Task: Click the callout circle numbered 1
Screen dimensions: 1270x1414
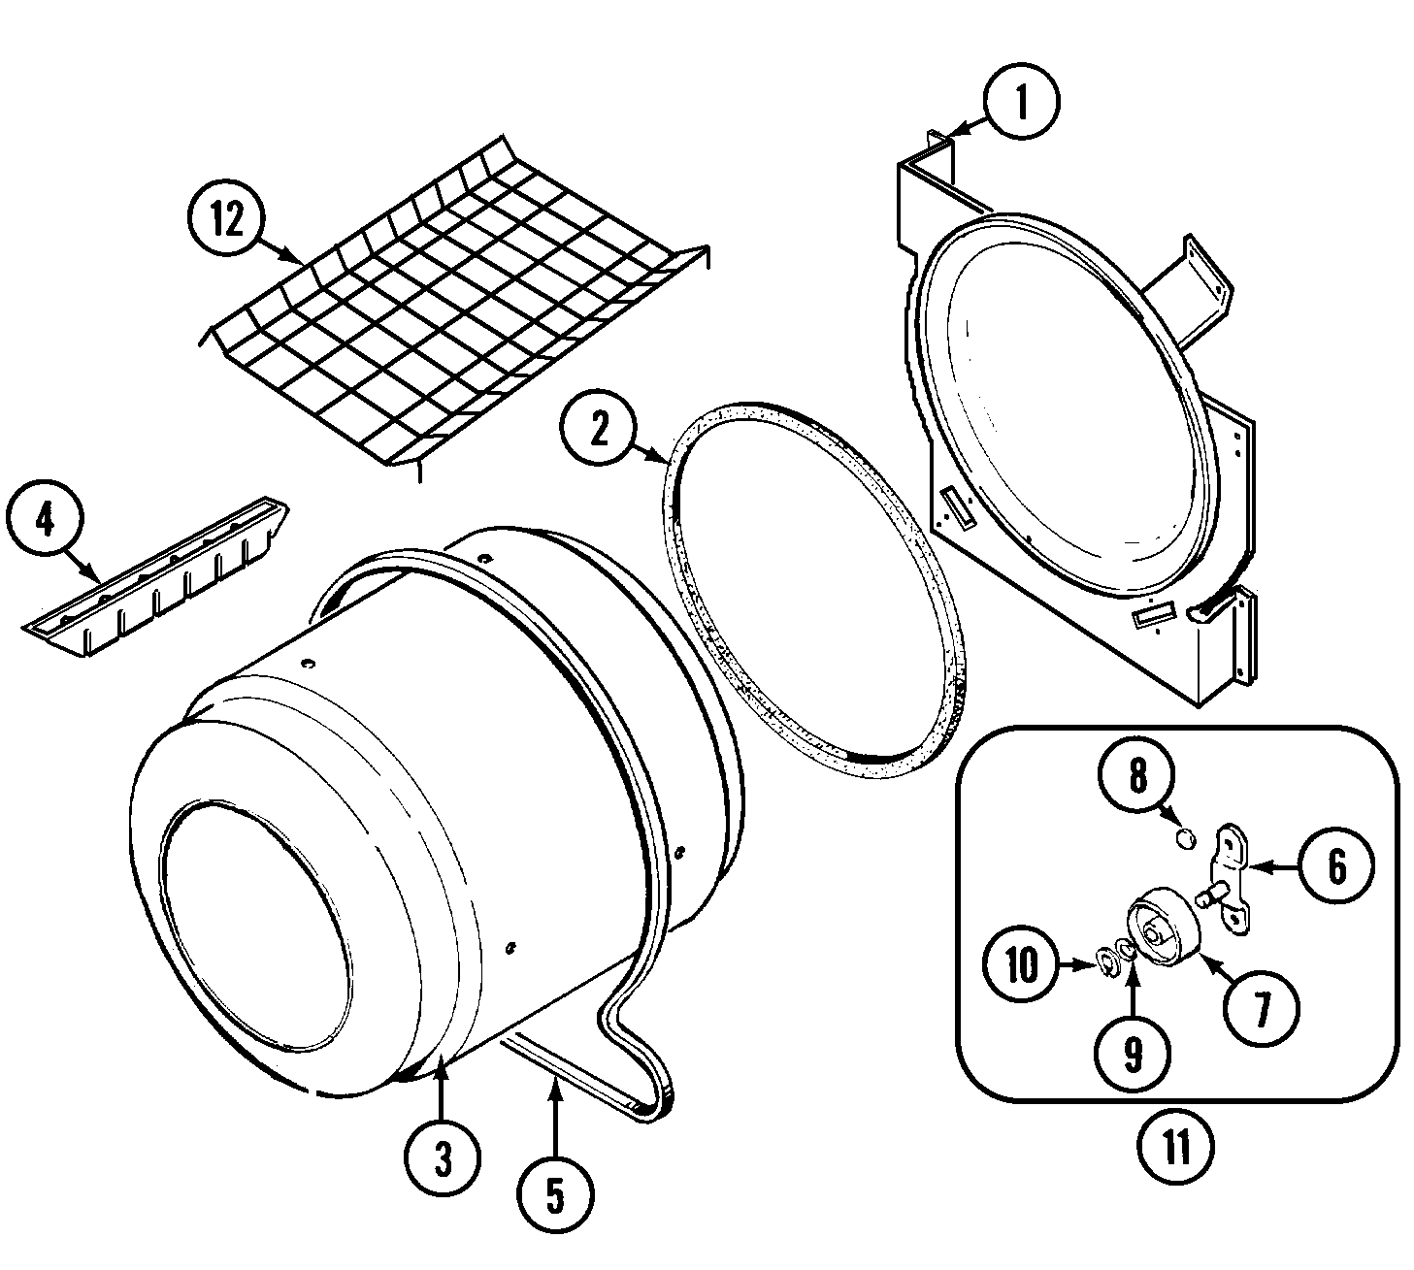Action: point(1021,102)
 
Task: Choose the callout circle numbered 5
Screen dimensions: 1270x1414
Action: point(554,1197)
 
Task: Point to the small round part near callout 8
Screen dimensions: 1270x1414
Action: point(1184,837)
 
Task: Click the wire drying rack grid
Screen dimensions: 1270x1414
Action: point(456,310)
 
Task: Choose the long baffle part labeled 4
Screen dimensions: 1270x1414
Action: point(155,577)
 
